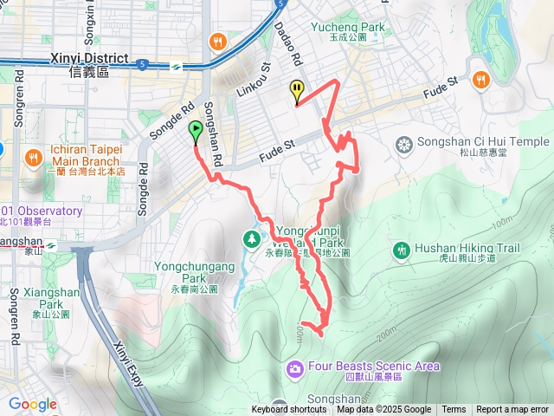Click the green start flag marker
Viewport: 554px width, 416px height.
pyautogui.click(x=196, y=133)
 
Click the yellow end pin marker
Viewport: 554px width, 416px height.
pyautogui.click(x=297, y=90)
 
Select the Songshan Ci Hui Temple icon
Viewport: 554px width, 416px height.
pyautogui.click(x=403, y=142)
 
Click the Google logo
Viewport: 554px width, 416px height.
pyautogui.click(x=32, y=404)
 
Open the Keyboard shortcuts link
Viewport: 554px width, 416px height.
pyautogui.click(x=289, y=410)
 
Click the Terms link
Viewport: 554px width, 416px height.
pyautogui.click(x=454, y=410)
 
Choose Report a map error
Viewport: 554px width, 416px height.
pyautogui.click(x=512, y=410)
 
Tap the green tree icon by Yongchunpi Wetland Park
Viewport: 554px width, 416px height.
pyautogui.click(x=252, y=237)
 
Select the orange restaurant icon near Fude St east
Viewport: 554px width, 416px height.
pyautogui.click(x=481, y=80)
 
